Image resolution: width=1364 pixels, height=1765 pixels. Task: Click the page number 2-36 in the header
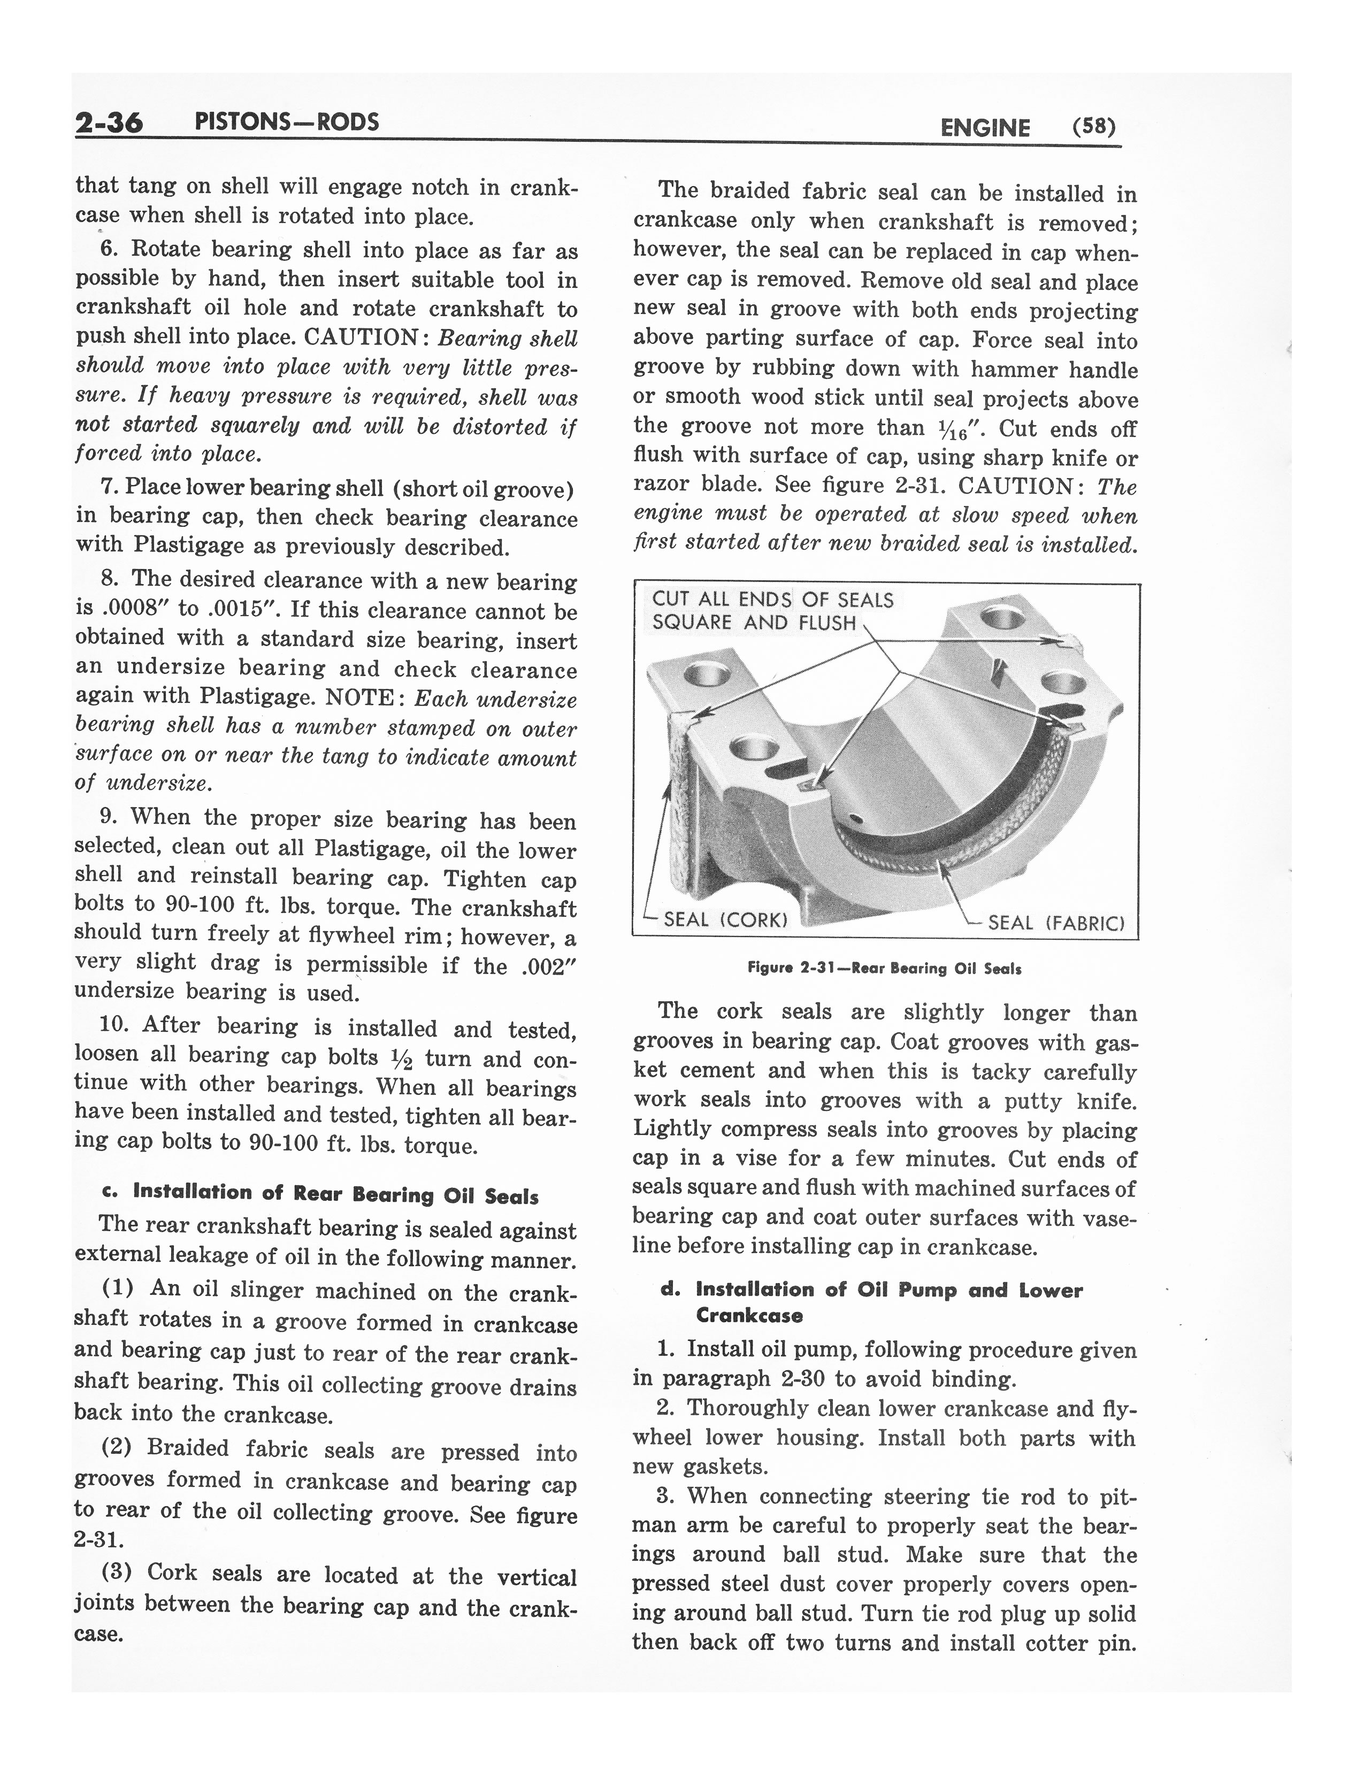point(109,123)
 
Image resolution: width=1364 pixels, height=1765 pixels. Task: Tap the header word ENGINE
point(985,128)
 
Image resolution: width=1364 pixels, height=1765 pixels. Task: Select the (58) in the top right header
point(1093,127)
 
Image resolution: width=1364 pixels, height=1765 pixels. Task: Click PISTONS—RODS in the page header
point(287,122)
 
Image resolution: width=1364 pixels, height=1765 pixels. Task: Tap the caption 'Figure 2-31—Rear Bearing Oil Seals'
point(885,968)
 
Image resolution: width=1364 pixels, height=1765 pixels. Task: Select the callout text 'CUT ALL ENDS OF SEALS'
point(772,600)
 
